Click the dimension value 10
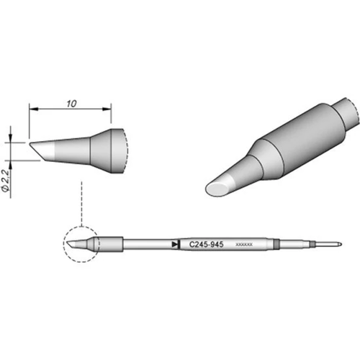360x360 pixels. pyautogui.click(x=71, y=103)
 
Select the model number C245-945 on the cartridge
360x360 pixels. pyautogui.click(x=205, y=245)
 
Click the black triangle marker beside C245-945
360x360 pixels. pyautogui.click(x=176, y=245)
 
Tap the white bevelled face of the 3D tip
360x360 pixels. pyautogui.click(x=220, y=186)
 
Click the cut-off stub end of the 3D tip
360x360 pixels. pyautogui.click(x=349, y=109)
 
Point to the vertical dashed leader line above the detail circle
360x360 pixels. pyautogui.click(x=83, y=202)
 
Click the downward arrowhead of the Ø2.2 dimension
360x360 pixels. pyautogui.click(x=12, y=137)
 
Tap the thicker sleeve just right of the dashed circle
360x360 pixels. pyautogui.click(x=108, y=244)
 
